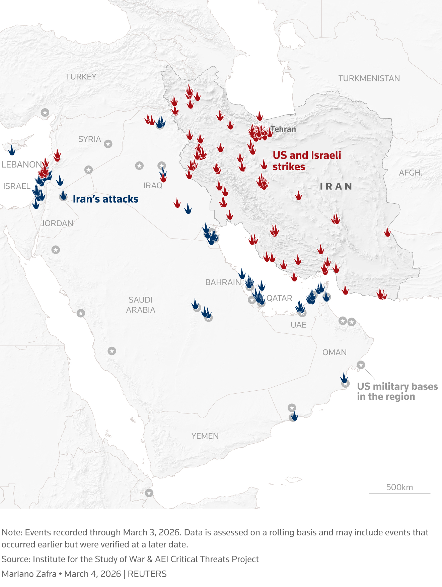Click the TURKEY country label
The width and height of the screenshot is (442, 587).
(x=81, y=77)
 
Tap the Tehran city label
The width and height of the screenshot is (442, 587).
(x=283, y=129)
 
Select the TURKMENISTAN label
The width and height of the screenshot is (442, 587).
(x=369, y=78)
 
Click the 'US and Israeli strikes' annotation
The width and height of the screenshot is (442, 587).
(x=306, y=161)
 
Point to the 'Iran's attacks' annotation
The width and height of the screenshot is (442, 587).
(x=105, y=199)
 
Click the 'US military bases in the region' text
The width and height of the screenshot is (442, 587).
(x=397, y=391)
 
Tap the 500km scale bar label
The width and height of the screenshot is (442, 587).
(x=399, y=487)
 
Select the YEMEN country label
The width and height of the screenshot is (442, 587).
(x=205, y=436)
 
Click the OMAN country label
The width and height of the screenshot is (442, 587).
(x=334, y=352)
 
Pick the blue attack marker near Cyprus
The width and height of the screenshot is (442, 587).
(x=12, y=150)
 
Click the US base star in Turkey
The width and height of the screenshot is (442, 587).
(x=45, y=113)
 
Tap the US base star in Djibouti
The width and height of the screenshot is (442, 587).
(x=149, y=493)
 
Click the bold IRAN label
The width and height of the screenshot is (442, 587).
(x=336, y=186)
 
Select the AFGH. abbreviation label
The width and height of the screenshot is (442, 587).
(x=410, y=173)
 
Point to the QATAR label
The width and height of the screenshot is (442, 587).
(x=279, y=298)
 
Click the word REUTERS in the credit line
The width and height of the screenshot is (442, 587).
(x=147, y=574)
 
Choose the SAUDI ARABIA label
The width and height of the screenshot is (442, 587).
(x=141, y=305)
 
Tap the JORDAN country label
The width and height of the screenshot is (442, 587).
(x=57, y=223)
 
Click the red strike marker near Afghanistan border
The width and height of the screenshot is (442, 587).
(x=387, y=232)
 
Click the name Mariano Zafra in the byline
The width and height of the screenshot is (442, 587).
(x=29, y=574)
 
